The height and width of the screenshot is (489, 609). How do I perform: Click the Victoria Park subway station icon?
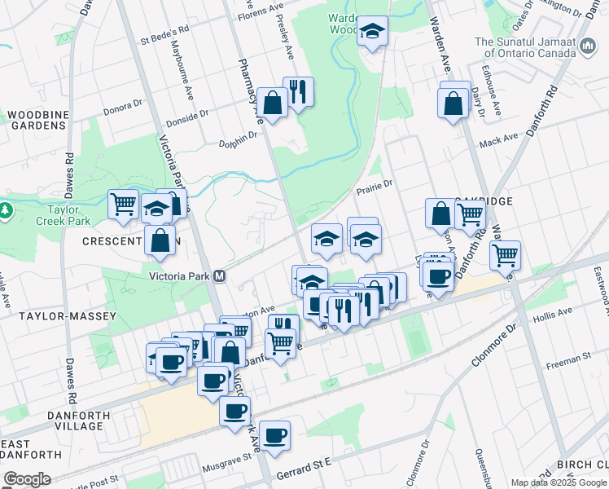tap(220, 275)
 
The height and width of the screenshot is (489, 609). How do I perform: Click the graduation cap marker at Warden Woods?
tap(373, 32)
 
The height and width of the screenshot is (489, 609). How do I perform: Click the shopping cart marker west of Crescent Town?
tap(123, 205)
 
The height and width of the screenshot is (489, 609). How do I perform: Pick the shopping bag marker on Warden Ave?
tap(453, 104)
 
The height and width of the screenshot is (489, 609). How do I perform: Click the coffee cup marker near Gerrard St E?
tap(274, 435)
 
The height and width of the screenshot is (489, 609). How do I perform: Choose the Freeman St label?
tap(567, 358)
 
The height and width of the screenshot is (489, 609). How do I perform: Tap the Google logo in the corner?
tap(27, 479)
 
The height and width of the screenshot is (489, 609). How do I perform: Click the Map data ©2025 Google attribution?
tap(558, 482)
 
